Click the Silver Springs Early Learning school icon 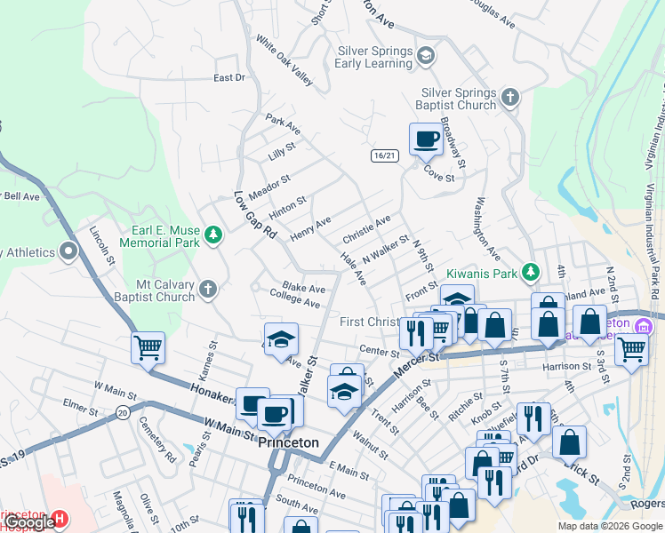(426, 57)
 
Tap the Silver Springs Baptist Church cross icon (509, 97)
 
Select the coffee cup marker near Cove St (426, 139)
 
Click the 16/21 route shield (384, 155)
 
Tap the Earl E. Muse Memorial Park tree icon (212, 235)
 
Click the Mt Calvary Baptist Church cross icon (207, 289)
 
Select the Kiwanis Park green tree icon (530, 270)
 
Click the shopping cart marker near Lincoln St (148, 347)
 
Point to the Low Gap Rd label (244, 214)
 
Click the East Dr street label (228, 78)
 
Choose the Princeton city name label (288, 442)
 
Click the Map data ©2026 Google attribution (610, 526)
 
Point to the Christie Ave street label (366, 229)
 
